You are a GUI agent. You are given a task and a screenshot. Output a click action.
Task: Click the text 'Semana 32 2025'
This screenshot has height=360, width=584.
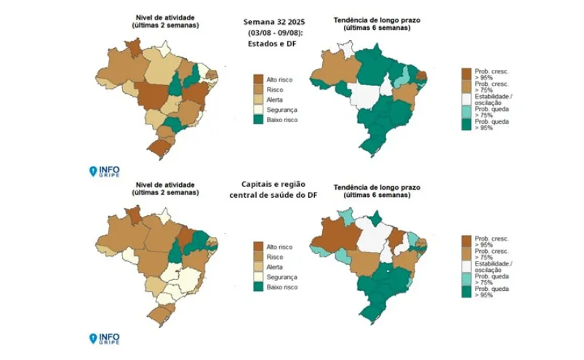tap(274, 22)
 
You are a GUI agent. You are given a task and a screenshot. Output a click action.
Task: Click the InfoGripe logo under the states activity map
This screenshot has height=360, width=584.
tap(104, 171)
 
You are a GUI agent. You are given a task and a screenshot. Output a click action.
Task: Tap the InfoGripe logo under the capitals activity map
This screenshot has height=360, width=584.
tap(104, 338)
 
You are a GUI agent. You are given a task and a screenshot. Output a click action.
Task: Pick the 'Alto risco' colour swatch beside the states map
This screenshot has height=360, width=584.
tap(258, 78)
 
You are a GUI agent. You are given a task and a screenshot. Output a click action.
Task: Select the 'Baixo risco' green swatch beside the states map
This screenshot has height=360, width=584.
tap(258, 119)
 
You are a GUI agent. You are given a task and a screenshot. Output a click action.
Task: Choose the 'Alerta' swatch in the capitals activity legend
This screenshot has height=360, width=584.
tap(258, 267)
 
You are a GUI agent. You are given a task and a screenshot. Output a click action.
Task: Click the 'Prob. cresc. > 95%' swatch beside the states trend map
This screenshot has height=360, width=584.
tap(466, 73)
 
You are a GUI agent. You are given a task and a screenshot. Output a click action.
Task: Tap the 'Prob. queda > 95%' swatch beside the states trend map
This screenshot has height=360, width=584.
tap(466, 124)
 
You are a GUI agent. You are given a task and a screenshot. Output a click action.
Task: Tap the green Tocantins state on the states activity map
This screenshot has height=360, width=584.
tap(176, 84)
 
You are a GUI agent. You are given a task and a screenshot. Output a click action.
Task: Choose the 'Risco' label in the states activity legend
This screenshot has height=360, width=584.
tap(277, 88)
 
